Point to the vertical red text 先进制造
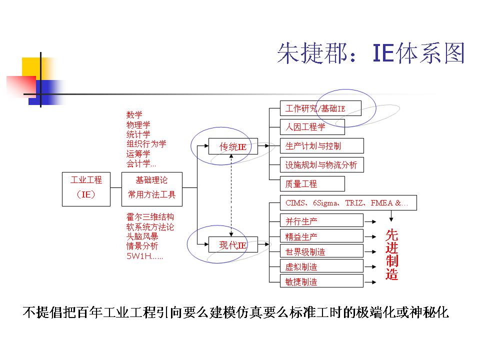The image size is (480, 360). point(392,254)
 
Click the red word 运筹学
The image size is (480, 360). point(138,153)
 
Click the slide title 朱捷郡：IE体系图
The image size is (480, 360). point(371,53)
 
